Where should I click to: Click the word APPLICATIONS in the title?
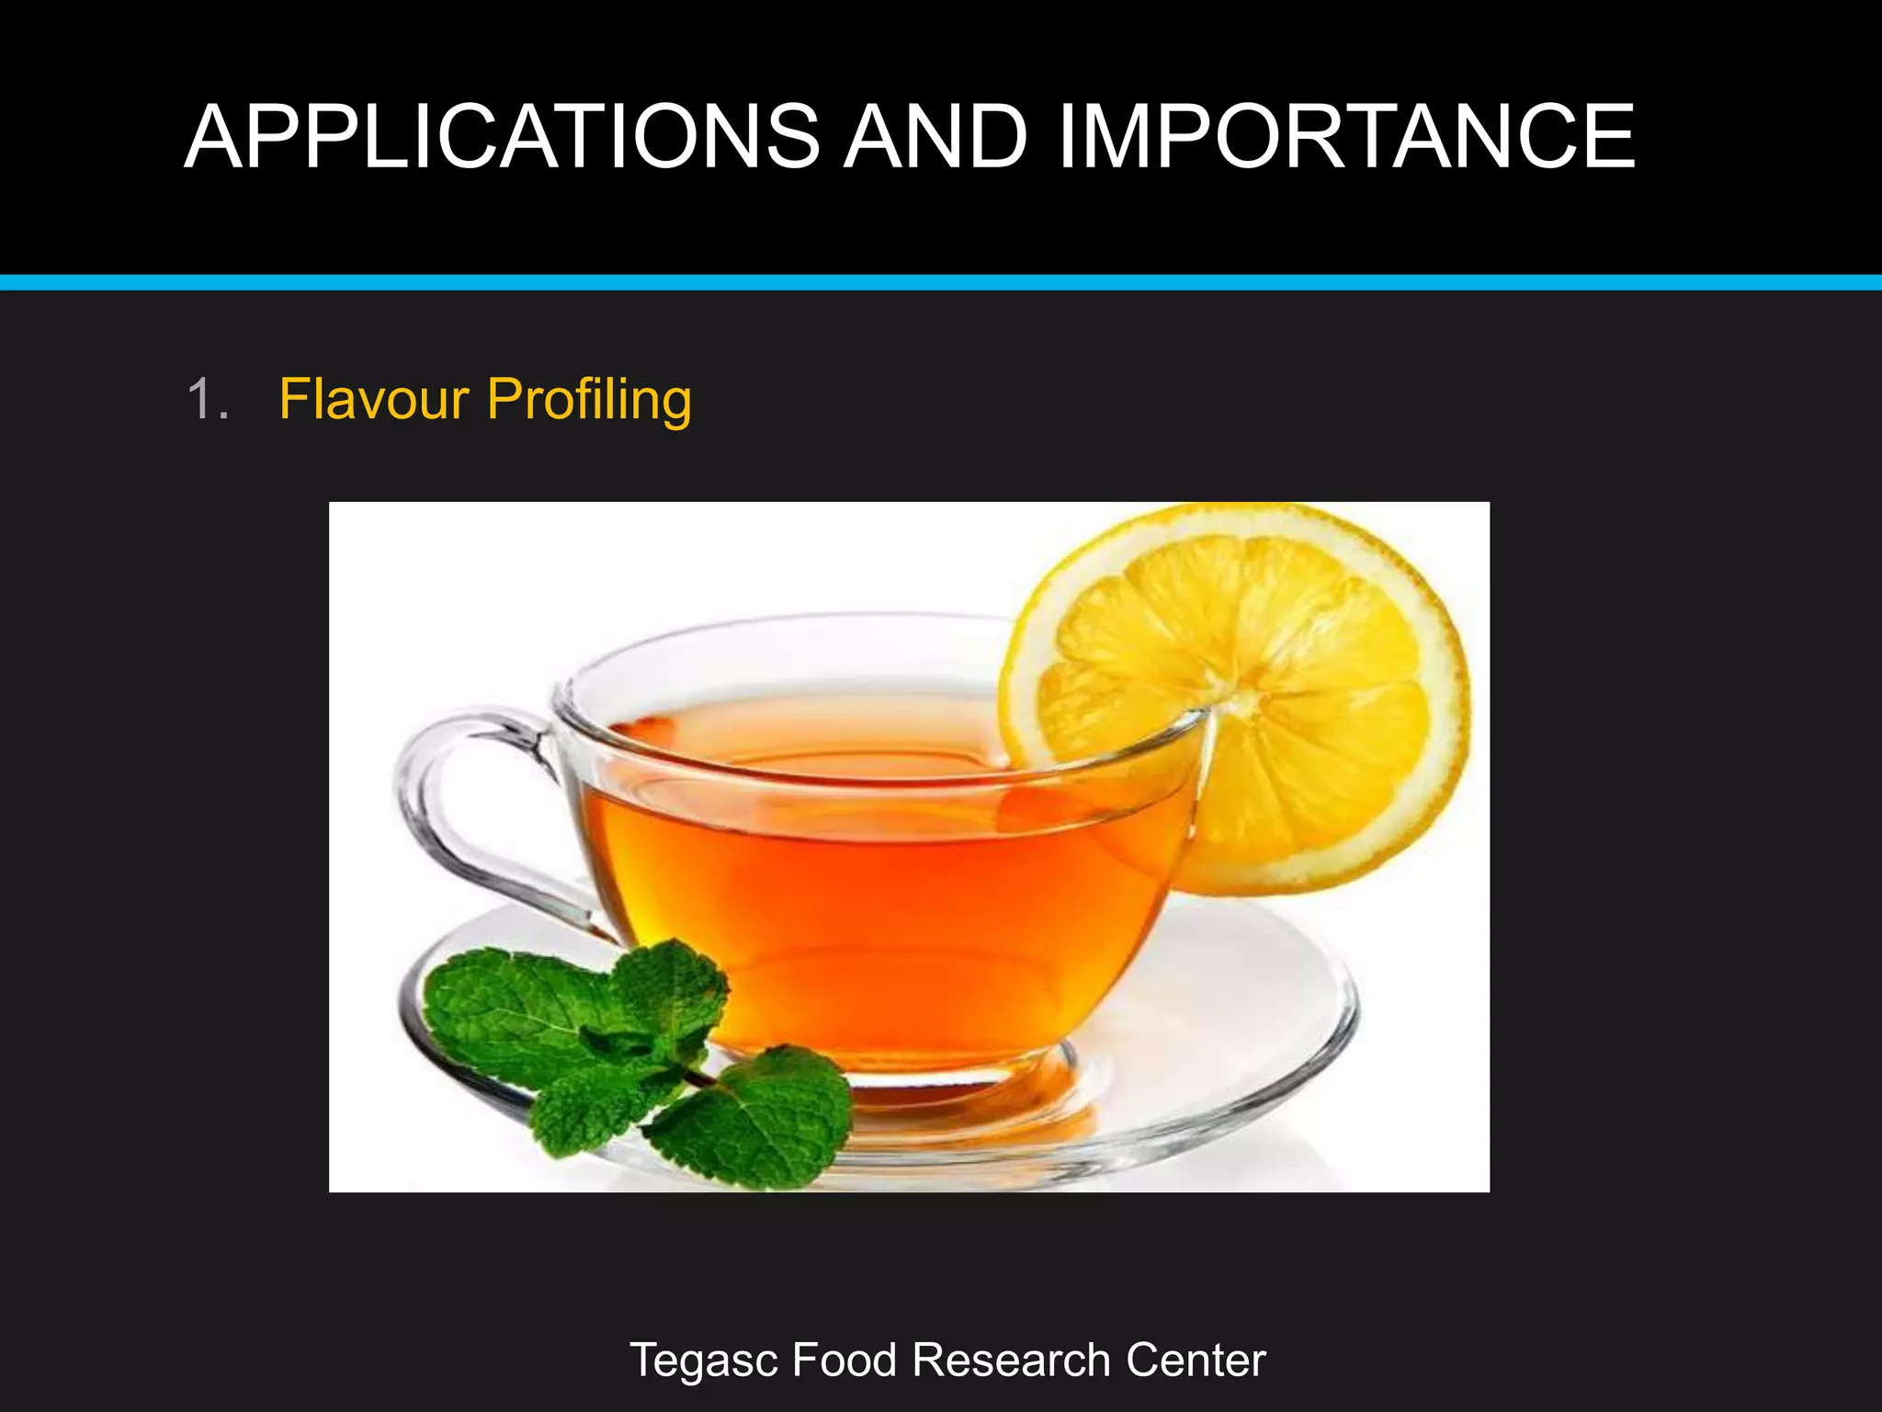point(502,137)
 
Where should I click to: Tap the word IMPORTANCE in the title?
point(1346,137)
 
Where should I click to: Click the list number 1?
point(207,400)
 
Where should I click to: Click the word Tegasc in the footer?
point(704,1361)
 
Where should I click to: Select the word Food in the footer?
point(844,1361)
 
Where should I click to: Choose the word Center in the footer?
point(1196,1361)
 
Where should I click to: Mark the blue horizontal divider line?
point(941,282)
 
